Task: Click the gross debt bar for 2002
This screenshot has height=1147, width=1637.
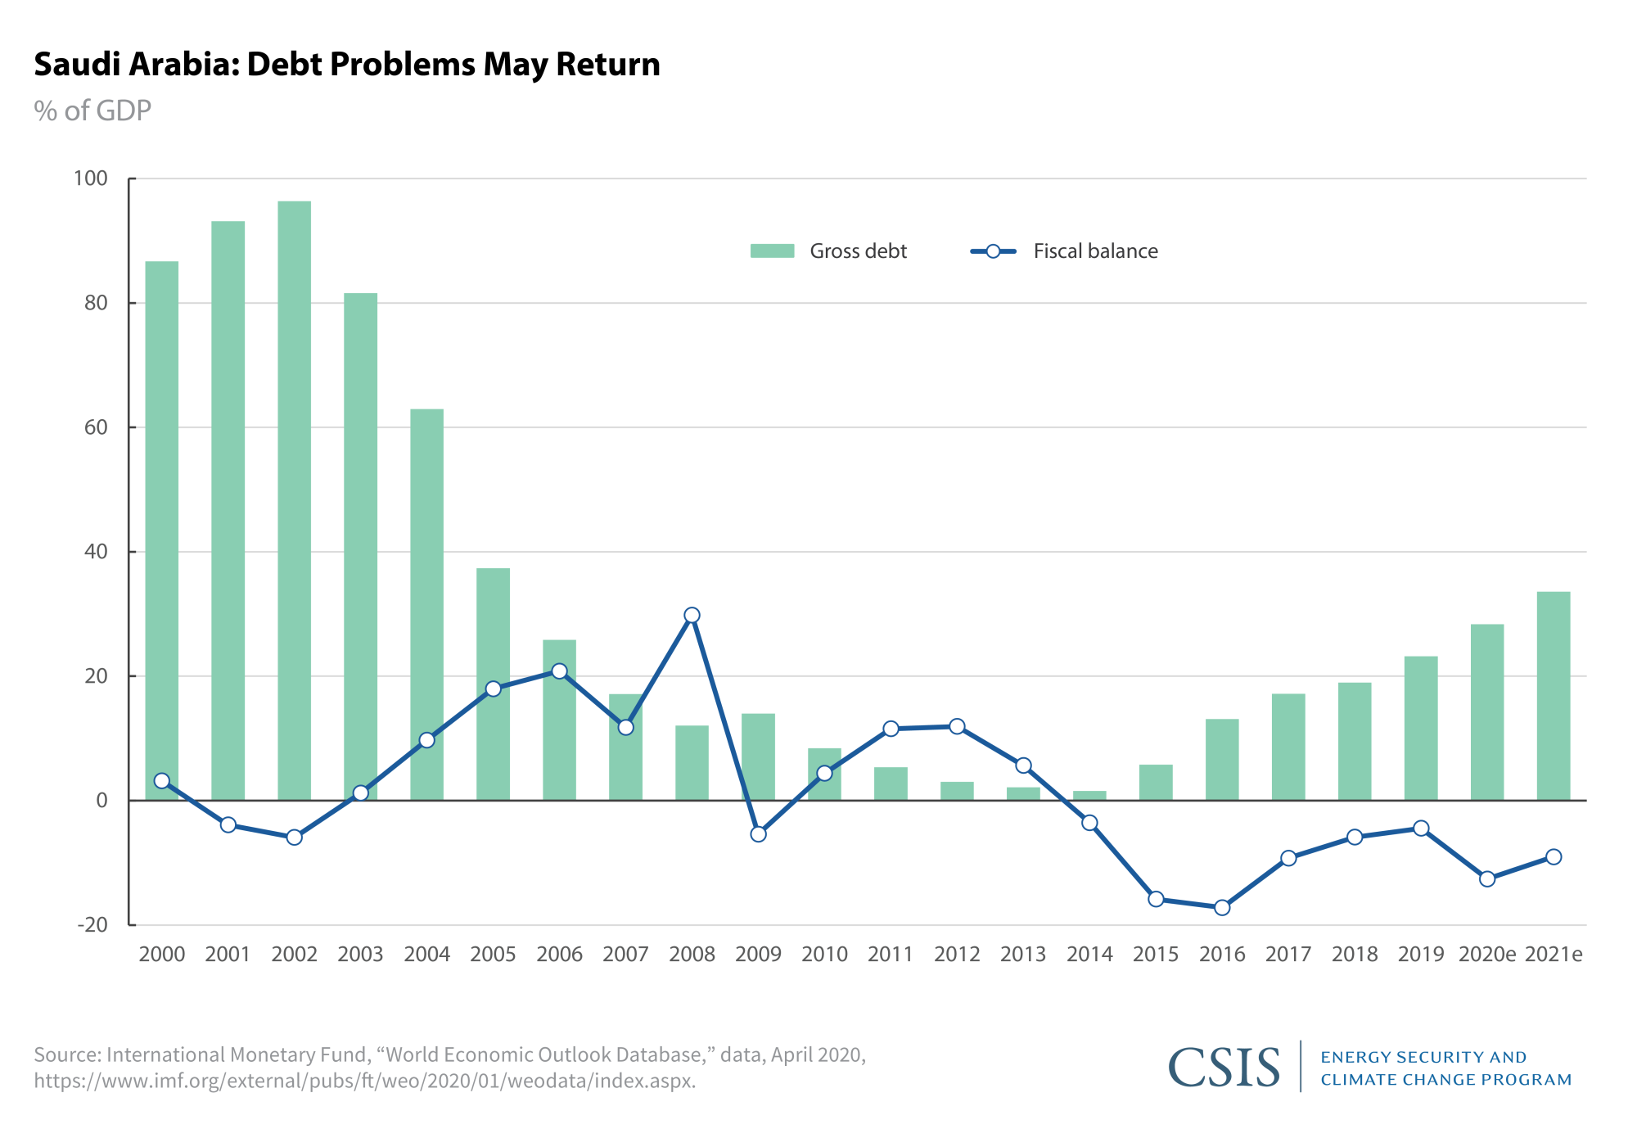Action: click(294, 499)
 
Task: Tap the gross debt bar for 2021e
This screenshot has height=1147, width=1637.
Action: click(1553, 696)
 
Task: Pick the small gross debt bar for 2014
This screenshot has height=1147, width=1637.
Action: click(1089, 796)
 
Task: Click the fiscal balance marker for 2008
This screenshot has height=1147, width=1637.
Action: click(692, 615)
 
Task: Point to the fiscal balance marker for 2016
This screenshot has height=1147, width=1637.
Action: click(1222, 907)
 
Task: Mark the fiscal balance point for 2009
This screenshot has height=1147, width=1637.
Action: click(758, 833)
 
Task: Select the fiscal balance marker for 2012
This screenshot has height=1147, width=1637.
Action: click(957, 726)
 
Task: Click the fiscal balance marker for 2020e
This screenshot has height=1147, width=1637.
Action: click(1487, 878)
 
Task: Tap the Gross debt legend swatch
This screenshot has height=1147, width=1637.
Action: click(772, 251)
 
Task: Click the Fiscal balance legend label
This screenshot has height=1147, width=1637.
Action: click(1095, 251)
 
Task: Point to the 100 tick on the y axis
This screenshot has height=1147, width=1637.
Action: click(91, 178)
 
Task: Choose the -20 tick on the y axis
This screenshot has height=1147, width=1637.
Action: click(92, 925)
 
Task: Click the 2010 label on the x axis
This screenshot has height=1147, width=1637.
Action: click(824, 954)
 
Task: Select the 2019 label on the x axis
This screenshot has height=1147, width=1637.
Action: click(1420, 954)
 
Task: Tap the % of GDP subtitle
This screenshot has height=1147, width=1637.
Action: click(92, 111)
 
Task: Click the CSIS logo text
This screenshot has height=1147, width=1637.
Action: click(1224, 1068)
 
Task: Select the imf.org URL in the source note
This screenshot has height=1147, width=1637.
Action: click(364, 1081)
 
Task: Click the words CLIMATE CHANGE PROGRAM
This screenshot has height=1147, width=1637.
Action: click(1445, 1080)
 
